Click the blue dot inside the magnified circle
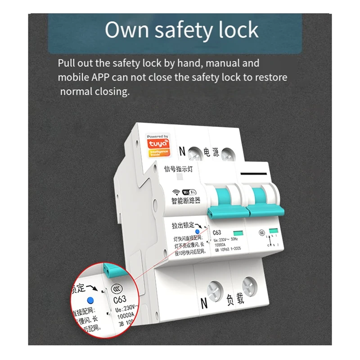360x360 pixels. [x=91, y=300]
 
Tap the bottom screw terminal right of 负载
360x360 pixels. [x=249, y=285]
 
